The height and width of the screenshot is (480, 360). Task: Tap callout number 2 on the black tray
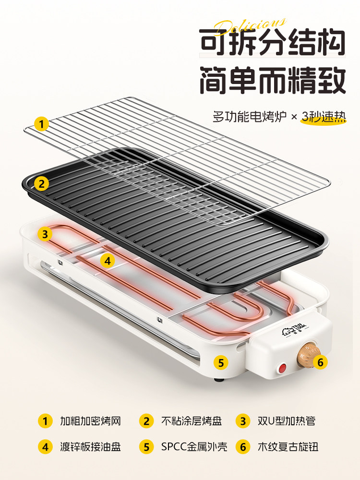pos(42,183)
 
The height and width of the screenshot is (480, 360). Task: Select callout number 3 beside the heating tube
pos(45,234)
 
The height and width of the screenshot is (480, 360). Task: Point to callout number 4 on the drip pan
pos(108,261)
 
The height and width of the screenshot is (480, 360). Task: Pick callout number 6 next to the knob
pos(321,362)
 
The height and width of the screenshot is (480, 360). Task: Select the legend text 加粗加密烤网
pos(90,421)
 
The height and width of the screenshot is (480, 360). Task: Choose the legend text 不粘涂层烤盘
pos(191,421)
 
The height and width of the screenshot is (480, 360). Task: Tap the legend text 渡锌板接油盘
pos(90,447)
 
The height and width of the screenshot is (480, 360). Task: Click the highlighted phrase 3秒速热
pos(324,117)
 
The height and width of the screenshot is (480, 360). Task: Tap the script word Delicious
pos(250,25)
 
